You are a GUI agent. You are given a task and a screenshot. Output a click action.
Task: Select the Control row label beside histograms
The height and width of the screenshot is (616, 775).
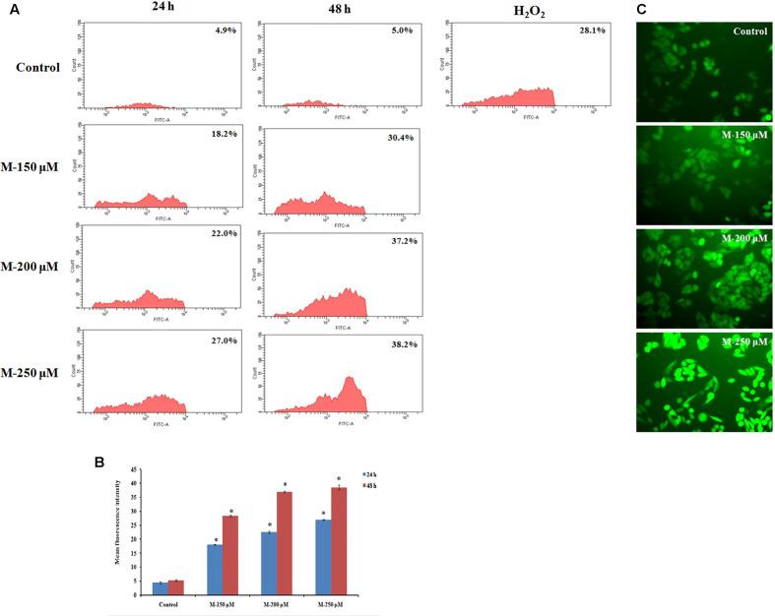click(x=38, y=68)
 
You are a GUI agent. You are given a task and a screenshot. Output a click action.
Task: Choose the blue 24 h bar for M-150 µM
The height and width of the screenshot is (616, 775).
click(x=214, y=570)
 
